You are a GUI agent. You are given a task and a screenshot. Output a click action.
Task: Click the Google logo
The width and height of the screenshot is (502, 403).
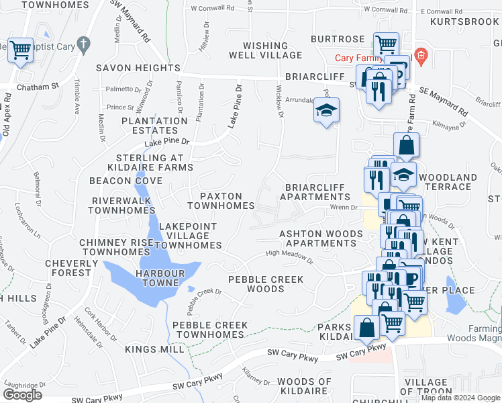[x=22, y=395]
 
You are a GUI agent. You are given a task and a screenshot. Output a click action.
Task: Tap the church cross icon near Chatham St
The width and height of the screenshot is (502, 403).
[x=83, y=46]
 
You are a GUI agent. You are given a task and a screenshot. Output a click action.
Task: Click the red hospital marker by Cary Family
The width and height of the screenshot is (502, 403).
[x=421, y=55]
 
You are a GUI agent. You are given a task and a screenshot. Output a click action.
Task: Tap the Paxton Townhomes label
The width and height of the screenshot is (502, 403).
[x=221, y=200]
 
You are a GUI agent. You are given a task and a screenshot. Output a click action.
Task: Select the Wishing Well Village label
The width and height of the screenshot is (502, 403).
[x=259, y=50]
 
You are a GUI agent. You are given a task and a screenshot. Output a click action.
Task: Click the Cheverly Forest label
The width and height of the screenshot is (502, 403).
[x=67, y=268]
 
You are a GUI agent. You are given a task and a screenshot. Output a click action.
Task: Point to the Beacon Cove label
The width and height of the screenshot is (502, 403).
[x=126, y=181]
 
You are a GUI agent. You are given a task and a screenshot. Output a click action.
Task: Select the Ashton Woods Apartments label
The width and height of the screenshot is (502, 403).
[x=321, y=238]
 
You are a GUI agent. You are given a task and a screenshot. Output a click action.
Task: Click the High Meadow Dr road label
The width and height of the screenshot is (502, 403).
[x=290, y=255]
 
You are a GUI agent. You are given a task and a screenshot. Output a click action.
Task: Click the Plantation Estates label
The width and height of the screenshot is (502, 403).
[x=154, y=126]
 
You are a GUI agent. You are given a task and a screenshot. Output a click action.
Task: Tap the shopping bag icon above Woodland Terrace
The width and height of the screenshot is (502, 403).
[x=407, y=144]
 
